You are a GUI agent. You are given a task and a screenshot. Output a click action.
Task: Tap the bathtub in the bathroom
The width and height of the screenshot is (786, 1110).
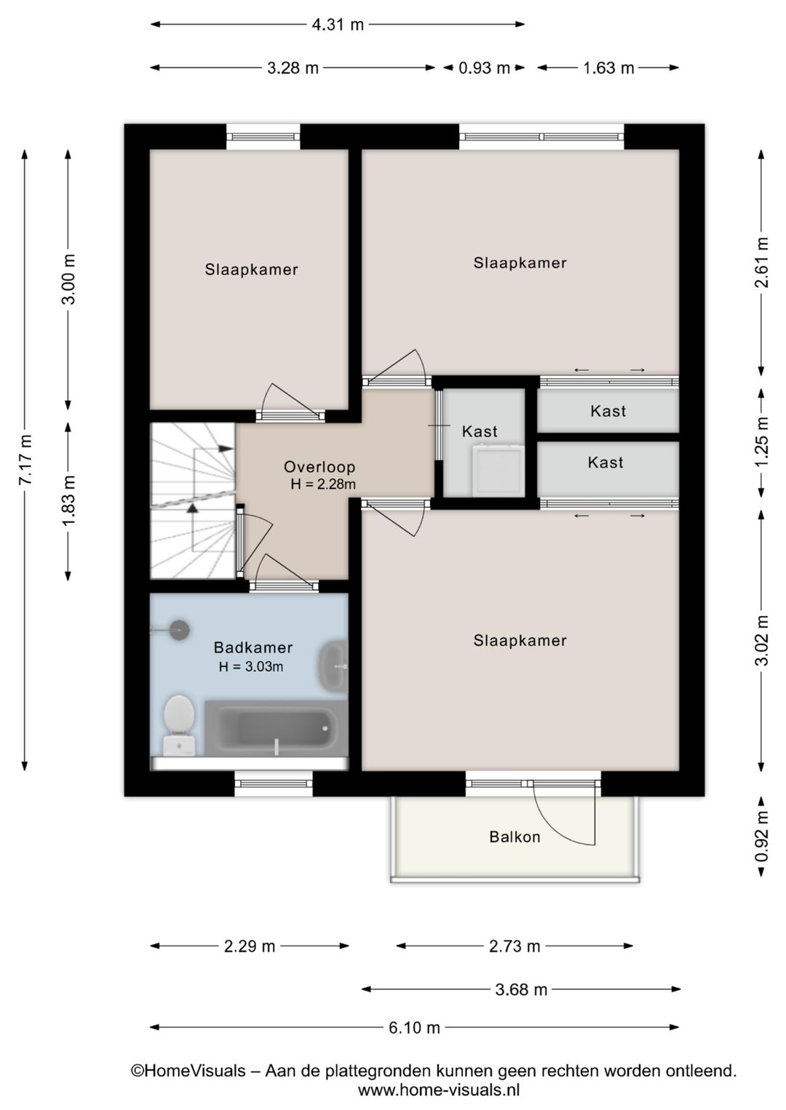coord(277,728)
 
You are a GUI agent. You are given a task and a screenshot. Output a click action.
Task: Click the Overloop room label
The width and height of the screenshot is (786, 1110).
coord(319,467)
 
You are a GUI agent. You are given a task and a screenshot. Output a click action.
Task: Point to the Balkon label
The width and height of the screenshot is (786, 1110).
coord(515,837)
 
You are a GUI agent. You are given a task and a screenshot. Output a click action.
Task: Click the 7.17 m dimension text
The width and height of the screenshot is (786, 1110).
coord(25,460)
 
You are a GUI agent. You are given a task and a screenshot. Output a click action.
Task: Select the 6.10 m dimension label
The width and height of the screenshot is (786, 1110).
coord(414,1028)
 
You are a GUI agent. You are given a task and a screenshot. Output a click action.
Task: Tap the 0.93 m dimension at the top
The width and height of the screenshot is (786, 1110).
coord(484,68)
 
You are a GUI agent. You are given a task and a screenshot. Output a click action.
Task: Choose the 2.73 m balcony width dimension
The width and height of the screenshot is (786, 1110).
coord(515,946)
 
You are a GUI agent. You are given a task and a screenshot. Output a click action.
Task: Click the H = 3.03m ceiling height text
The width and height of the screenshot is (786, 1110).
coord(251,666)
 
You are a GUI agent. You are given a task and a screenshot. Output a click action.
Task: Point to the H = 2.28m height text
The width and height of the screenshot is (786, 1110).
coord(323,484)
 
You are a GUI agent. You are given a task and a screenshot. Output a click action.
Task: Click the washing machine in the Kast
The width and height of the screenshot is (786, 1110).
coord(498,471)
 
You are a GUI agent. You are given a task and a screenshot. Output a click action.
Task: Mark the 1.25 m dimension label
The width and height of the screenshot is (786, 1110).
coord(762,441)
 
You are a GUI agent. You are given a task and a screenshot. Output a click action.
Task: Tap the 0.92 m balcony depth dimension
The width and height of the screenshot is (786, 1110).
coord(762,837)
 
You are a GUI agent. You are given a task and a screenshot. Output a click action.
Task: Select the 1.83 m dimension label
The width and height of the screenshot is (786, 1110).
coord(68,500)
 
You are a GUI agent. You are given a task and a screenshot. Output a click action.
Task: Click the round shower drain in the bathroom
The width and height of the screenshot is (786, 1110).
coord(180,630)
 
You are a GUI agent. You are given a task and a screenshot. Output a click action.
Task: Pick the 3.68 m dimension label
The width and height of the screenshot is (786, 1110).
coord(521,989)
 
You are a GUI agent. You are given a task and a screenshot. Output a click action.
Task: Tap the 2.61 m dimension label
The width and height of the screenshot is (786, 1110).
coord(762,262)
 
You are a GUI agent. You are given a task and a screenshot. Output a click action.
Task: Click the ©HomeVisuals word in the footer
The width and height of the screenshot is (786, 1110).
coord(188,1071)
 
